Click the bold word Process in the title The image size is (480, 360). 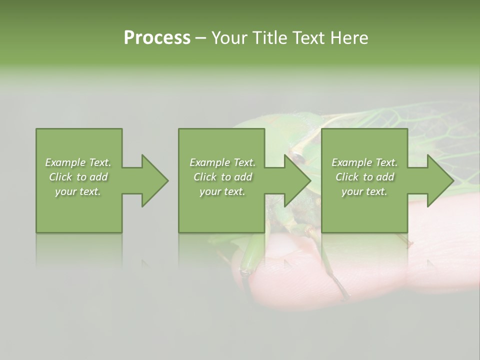(157, 38)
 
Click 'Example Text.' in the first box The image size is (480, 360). (78, 162)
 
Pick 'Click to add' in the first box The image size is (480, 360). (78, 177)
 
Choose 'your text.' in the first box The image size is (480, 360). (78, 191)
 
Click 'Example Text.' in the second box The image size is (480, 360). (222, 162)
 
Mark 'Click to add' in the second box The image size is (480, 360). (222, 177)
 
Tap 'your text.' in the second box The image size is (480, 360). (222, 191)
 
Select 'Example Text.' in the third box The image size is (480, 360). (364, 162)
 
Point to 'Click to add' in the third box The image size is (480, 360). (364, 177)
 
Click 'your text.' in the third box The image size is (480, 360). (364, 191)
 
